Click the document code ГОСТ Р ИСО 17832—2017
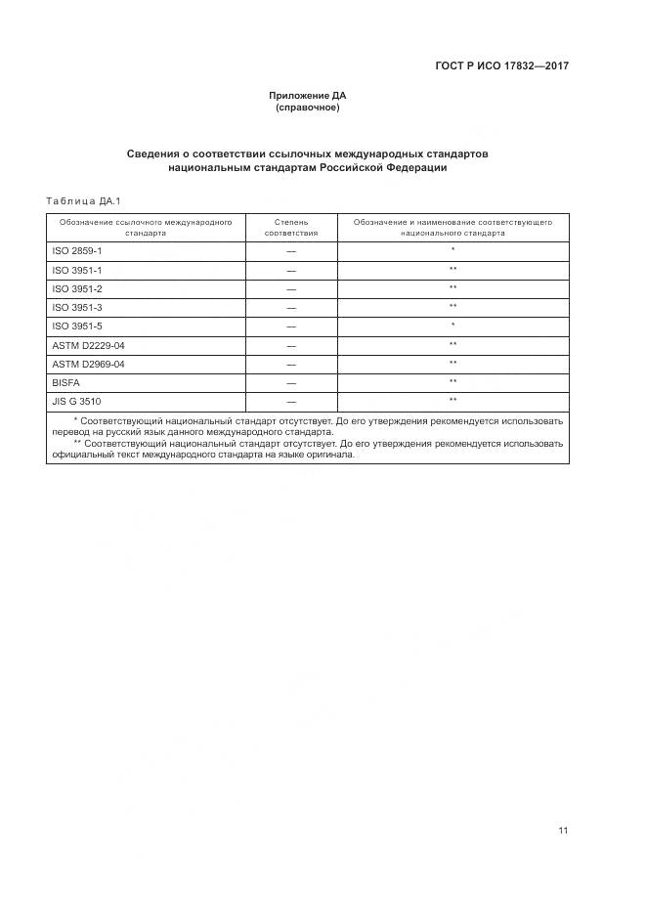(501, 65)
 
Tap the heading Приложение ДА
(308, 96)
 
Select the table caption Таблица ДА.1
(82, 201)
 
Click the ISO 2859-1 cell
(76, 251)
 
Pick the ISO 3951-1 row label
(76, 270)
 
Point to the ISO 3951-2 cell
(76, 289)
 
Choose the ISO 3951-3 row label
(76, 308)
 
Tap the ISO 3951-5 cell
(76, 326)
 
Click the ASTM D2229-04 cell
(88, 345)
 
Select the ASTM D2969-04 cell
(88, 364)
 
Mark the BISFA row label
(66, 383)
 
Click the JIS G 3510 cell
(76, 402)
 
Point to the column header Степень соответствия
(291, 228)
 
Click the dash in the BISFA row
(291, 383)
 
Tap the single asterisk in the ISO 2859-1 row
(453, 250)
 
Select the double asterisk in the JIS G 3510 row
(453, 400)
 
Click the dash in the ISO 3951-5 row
(291, 326)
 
